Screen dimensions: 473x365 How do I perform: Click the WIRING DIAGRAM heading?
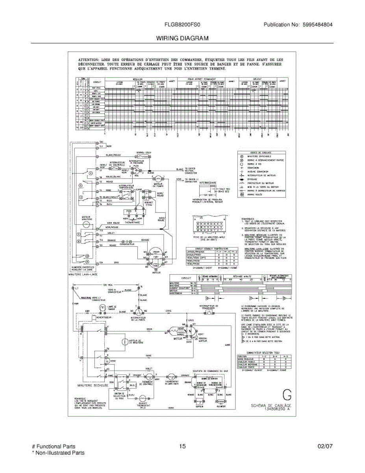pos(182,38)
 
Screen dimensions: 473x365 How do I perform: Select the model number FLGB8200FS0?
pos(182,24)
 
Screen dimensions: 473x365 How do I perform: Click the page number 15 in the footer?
pos(182,447)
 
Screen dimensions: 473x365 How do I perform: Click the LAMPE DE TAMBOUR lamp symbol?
pos(102,307)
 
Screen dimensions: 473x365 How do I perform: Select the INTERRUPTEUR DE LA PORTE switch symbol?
pos(139,311)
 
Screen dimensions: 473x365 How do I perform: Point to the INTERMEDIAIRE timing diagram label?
pos(208,183)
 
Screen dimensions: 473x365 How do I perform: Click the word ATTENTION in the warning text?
pos(86,60)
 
